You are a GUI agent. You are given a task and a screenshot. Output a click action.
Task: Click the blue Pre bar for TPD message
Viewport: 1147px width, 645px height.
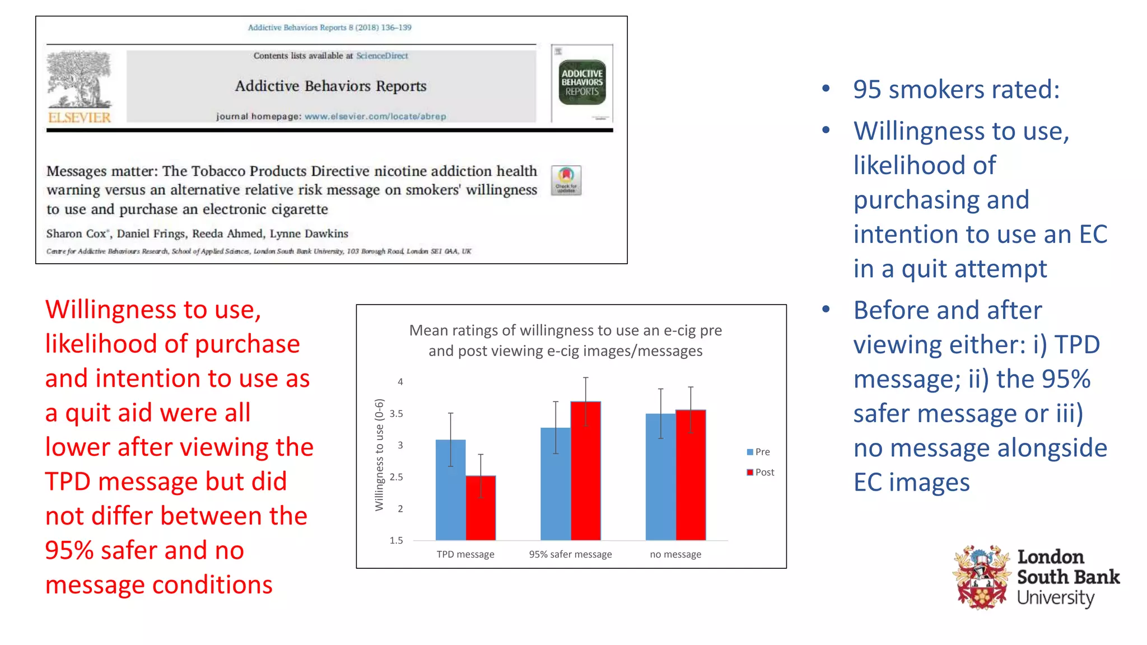(x=450, y=490)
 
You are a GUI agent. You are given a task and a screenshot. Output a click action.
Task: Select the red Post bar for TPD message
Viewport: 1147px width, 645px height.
(x=481, y=508)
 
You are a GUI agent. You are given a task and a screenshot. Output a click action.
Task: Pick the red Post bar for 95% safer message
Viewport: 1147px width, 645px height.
(x=585, y=471)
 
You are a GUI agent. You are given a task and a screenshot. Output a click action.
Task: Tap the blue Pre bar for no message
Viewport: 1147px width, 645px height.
(x=660, y=477)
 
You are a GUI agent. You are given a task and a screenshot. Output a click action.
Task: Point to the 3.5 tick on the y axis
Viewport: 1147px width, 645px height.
(x=396, y=414)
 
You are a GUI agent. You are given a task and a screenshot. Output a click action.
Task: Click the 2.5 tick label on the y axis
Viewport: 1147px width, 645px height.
(x=396, y=477)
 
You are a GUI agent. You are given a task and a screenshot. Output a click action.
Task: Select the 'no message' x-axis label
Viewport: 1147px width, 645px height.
(x=675, y=554)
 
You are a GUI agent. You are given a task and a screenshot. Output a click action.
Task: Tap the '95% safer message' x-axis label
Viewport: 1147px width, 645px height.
(x=570, y=554)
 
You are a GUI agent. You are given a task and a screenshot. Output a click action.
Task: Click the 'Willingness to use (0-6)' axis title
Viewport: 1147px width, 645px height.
(x=379, y=455)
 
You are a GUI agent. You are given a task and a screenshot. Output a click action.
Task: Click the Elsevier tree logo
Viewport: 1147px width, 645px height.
(x=80, y=80)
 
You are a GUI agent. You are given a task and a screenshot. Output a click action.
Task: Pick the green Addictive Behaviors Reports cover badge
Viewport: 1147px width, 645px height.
(x=582, y=82)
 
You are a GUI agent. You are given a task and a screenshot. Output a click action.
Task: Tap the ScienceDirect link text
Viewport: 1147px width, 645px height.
(x=382, y=56)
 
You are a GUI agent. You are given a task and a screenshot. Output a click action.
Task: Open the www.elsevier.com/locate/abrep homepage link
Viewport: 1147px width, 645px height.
(x=375, y=116)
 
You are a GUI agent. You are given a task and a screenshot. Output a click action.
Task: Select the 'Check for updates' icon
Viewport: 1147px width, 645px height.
(x=566, y=180)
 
